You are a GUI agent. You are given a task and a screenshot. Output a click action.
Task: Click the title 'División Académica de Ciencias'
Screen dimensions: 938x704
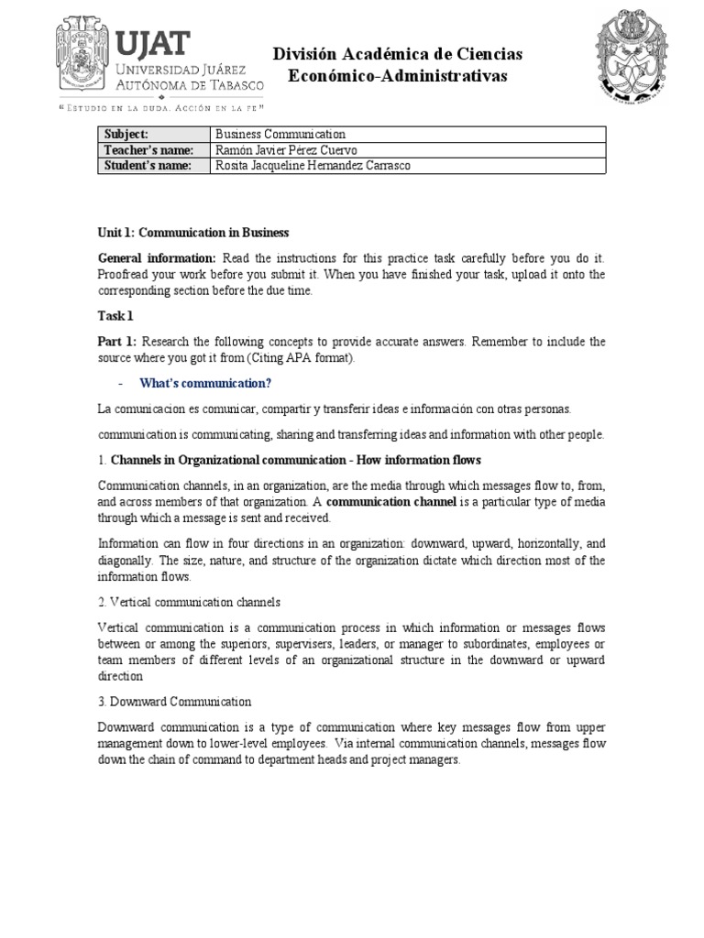[397, 55]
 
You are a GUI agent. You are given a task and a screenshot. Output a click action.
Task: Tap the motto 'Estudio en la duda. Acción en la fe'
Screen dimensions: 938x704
[161, 107]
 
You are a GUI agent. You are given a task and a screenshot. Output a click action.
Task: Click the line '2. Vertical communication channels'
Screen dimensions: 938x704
[189, 602]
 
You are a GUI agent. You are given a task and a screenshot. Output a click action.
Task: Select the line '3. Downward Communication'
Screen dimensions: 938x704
[175, 701]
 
